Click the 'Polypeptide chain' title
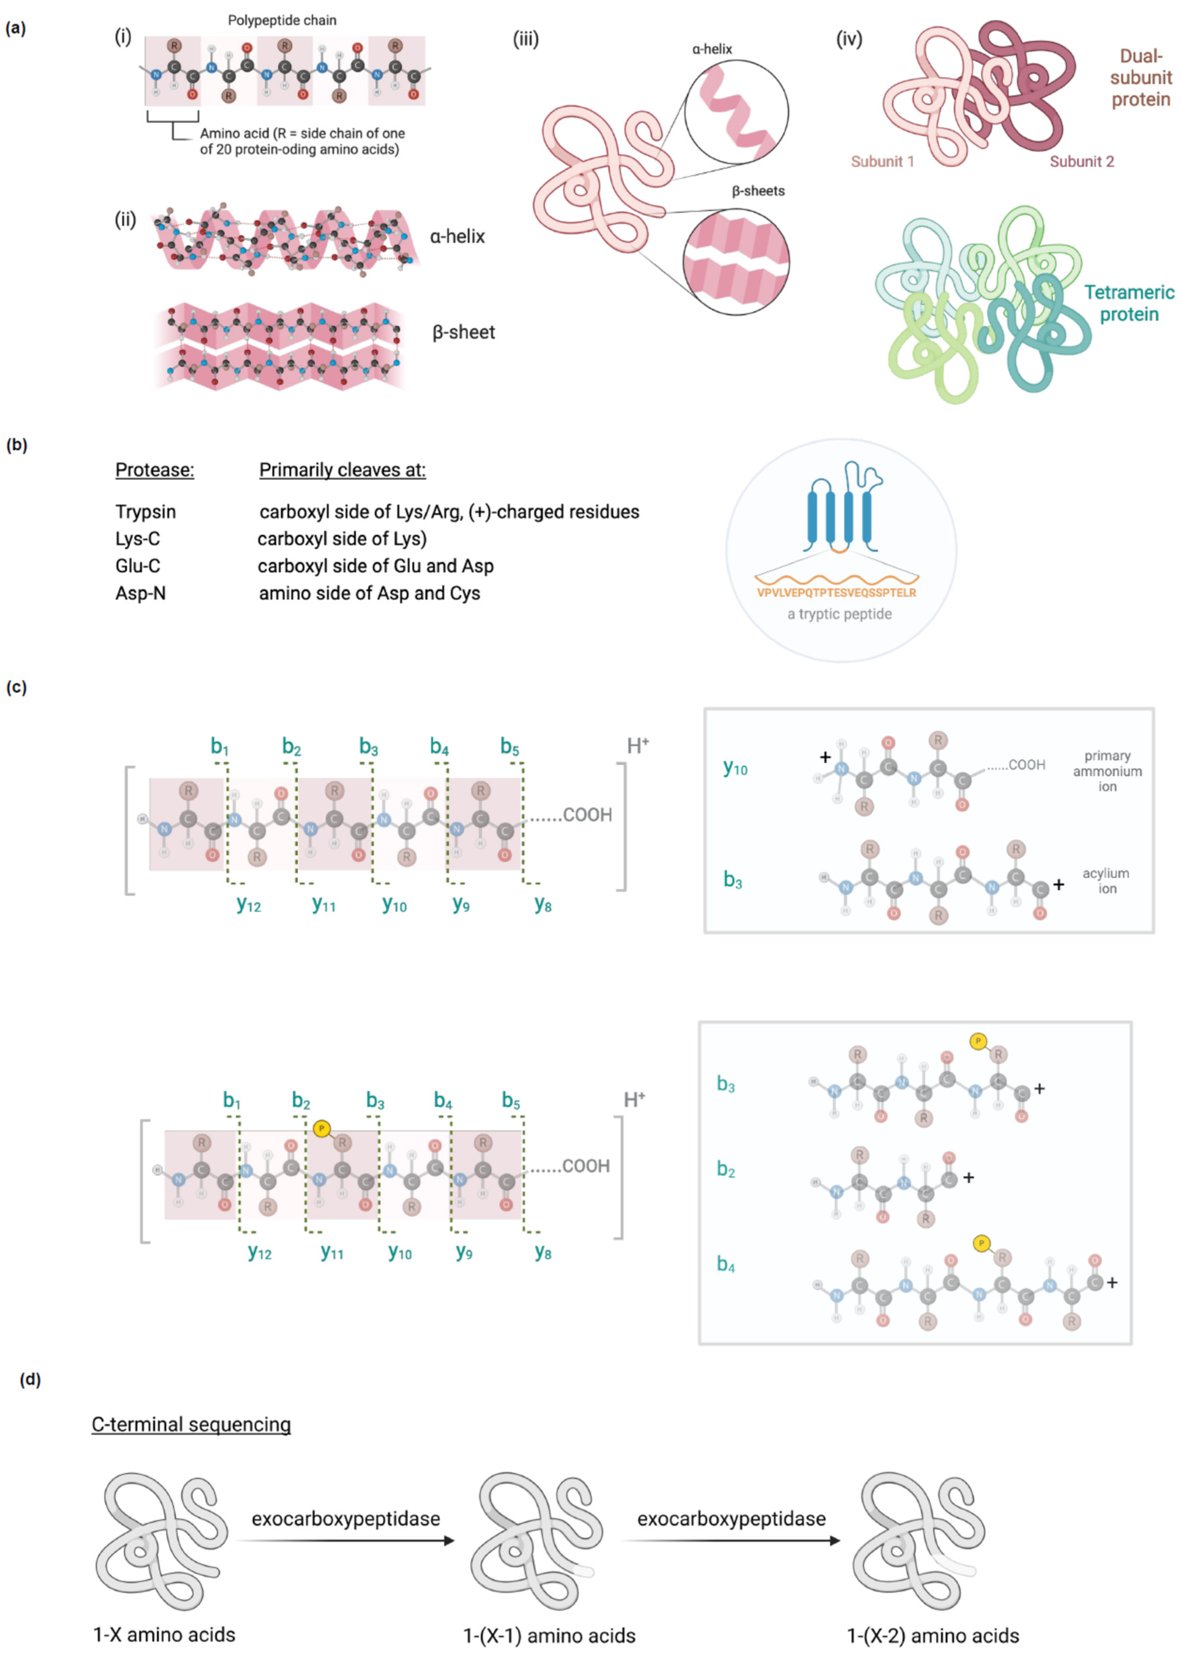tap(282, 20)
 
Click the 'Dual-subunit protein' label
tap(1140, 78)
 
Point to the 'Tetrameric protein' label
tap(1129, 303)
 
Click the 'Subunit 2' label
tap(1081, 161)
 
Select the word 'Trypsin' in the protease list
tap(145, 512)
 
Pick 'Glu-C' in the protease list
tap(137, 566)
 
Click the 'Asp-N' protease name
tap(140, 593)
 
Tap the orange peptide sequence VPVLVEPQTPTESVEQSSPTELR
tap(836, 593)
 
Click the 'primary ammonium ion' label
tap(1107, 771)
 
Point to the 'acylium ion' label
tap(1105, 881)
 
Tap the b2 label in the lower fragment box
tap(726, 1169)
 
